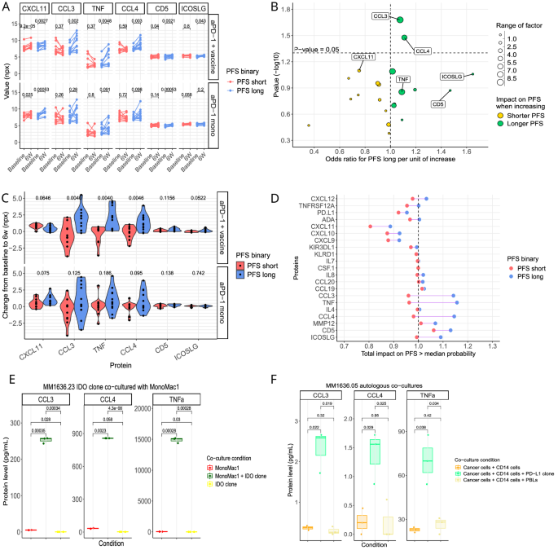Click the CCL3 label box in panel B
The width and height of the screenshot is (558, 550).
380,15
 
